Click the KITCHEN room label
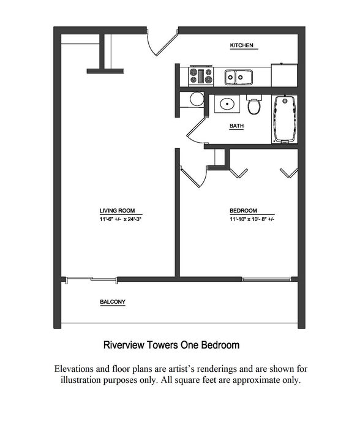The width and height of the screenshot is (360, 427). click(241, 45)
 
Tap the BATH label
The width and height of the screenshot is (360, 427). click(236, 126)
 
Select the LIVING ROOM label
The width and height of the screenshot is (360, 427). click(117, 211)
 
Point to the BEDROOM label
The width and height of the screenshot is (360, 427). click(243, 211)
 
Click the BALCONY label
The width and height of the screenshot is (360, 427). click(113, 302)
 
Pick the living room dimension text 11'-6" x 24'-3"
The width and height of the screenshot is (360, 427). click(120, 219)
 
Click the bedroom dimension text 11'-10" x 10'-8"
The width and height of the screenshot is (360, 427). click(252, 219)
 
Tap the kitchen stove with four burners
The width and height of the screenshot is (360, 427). click(201, 75)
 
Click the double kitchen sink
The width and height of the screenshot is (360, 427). click(238, 77)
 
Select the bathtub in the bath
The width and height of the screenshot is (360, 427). click(285, 119)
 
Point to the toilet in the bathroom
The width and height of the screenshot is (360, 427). click(255, 104)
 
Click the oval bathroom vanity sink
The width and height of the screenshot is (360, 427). click(227, 104)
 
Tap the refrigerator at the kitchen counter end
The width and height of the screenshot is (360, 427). click(284, 75)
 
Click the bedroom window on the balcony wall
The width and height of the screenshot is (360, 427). click(266, 279)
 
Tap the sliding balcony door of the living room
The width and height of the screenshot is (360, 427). click(91, 279)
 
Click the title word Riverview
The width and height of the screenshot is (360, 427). click(124, 345)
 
